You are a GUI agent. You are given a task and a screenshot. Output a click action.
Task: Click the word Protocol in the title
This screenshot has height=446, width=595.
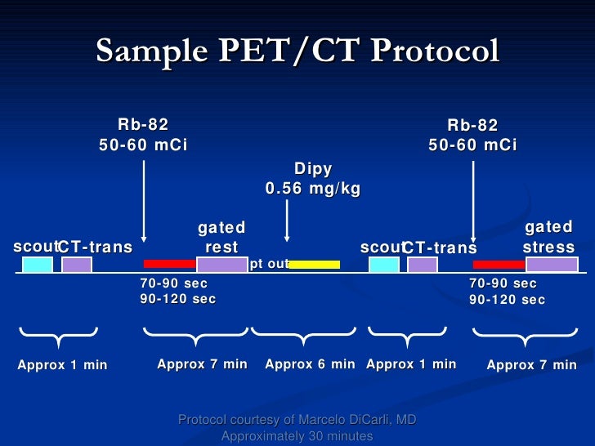434,51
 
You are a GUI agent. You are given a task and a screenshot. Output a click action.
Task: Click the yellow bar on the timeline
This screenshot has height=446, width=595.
315,265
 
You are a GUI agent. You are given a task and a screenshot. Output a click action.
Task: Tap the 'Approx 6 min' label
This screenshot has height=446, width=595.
310,364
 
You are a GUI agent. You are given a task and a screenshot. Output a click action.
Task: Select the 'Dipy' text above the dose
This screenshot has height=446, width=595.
313,169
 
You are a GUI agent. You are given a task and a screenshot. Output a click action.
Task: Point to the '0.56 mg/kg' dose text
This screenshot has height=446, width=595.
313,189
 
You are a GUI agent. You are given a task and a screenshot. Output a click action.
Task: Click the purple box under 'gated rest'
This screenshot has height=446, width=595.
221,265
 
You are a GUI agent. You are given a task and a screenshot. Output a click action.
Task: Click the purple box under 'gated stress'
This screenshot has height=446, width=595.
552,264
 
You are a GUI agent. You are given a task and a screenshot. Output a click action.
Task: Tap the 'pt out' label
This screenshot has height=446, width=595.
269,264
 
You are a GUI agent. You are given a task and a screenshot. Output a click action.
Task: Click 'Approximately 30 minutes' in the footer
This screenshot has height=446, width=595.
297,436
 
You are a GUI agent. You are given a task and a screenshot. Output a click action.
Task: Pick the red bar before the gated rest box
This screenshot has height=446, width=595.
169,264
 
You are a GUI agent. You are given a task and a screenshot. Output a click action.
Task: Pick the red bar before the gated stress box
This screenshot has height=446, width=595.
499,265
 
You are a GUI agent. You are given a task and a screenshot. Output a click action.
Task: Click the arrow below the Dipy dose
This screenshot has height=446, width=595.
286,221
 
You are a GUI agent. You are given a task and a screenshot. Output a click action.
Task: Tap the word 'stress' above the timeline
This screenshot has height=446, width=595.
548,247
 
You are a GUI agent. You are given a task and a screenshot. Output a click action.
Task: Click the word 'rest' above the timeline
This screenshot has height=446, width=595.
221,247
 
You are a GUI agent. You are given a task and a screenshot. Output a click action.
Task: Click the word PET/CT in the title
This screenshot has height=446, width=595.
304,51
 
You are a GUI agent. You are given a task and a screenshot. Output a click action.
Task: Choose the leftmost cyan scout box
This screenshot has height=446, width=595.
37,265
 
